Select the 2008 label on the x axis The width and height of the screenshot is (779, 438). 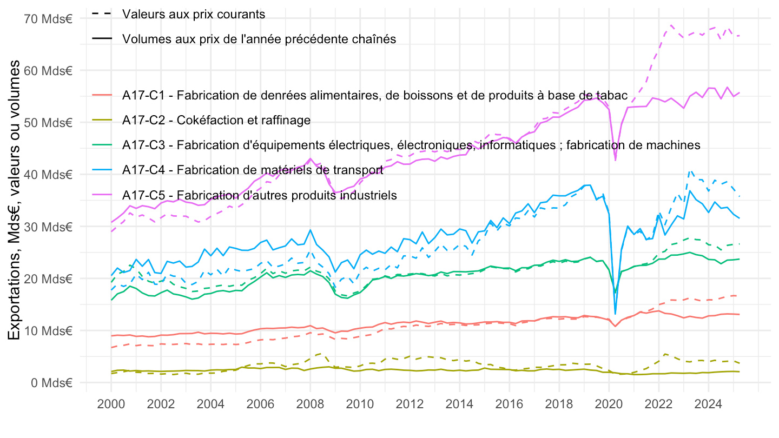(310, 403)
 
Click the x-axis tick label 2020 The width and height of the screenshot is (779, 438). (609, 403)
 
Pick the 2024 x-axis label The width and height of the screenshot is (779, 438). (708, 403)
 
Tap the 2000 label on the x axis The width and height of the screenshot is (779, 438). (111, 403)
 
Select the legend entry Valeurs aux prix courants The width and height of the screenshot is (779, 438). (194, 14)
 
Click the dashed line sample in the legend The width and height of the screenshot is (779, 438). (101, 14)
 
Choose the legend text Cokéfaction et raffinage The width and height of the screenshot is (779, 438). (216, 120)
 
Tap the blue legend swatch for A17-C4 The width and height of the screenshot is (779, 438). (101, 170)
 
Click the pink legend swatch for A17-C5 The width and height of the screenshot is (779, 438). (101, 195)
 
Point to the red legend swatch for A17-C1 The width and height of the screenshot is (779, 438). (101, 95)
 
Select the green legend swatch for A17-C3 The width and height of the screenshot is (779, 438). (101, 145)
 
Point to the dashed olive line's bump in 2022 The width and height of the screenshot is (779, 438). (665, 354)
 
